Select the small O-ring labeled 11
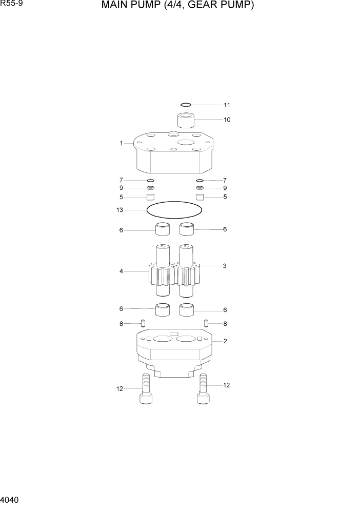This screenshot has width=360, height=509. click(186, 105)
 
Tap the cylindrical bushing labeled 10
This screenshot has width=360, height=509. click(187, 120)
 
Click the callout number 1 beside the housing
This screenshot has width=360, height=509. click(121, 144)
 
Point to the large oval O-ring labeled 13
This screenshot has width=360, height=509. click(174, 210)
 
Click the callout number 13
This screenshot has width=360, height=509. click(120, 210)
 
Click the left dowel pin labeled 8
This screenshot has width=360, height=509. click(144, 323)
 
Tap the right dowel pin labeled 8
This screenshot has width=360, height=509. click(206, 323)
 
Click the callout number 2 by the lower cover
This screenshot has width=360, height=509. click(225, 341)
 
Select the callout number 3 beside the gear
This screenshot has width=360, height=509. click(225, 266)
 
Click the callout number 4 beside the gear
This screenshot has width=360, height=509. click(121, 271)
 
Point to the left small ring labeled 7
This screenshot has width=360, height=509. click(151, 181)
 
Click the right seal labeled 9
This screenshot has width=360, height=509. click(200, 188)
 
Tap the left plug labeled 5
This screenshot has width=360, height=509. click(151, 197)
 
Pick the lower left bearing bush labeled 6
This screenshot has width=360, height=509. click(163, 309)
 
